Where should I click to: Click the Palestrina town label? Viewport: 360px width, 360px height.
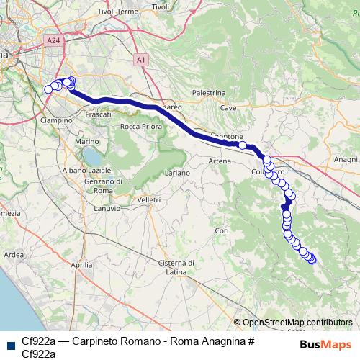click(x=210, y=93)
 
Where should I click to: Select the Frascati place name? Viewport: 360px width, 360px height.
click(x=98, y=114)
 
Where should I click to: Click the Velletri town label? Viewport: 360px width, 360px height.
click(x=148, y=199)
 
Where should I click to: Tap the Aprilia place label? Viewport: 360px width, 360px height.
click(x=82, y=265)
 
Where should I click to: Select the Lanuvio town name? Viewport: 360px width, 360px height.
click(x=107, y=208)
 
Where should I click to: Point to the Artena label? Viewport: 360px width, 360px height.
click(x=220, y=161)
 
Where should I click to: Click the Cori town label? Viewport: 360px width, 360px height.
click(x=221, y=230)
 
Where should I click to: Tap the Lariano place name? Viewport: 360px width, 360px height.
click(x=177, y=174)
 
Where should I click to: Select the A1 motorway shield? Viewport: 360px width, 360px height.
click(x=140, y=60)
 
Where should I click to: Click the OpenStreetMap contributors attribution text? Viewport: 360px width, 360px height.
click(x=297, y=323)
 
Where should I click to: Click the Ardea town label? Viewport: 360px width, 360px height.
click(x=14, y=255)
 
